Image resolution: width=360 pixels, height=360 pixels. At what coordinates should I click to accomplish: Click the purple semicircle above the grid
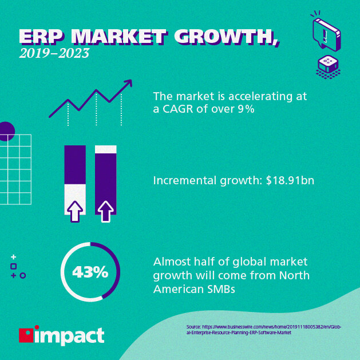[6, 131]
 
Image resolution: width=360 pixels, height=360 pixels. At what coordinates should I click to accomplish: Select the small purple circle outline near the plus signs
[23, 275]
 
